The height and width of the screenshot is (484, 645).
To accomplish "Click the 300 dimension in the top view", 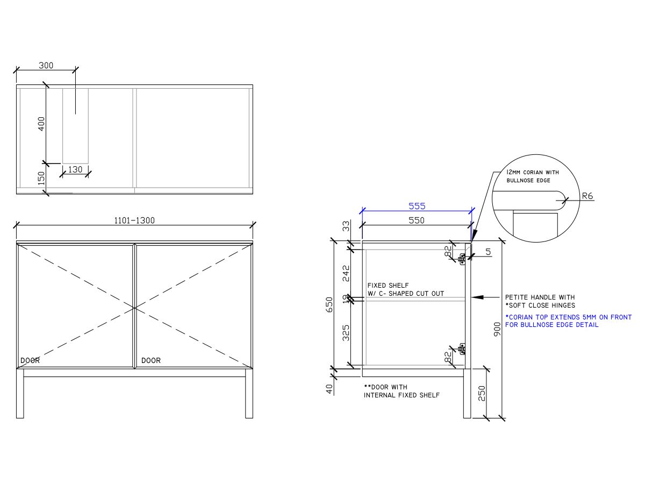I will (46, 66).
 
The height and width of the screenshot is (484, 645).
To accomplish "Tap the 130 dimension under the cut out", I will (76, 169).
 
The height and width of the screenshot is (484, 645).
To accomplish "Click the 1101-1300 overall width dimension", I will (134, 220).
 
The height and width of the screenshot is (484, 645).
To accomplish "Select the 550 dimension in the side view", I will (417, 220).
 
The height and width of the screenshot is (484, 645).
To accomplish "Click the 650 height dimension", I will (330, 304).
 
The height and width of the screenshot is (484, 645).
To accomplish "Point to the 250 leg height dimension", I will (482, 393).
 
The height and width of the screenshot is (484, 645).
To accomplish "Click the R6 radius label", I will (587, 196).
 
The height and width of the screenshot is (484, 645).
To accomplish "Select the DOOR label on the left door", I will (30, 360).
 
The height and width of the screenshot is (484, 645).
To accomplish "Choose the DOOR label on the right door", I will (151, 360).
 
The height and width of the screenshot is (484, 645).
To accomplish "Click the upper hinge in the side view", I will (462, 259).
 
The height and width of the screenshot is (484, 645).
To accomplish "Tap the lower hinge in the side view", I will (462, 349).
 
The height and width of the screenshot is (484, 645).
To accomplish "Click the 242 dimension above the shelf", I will (346, 273).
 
